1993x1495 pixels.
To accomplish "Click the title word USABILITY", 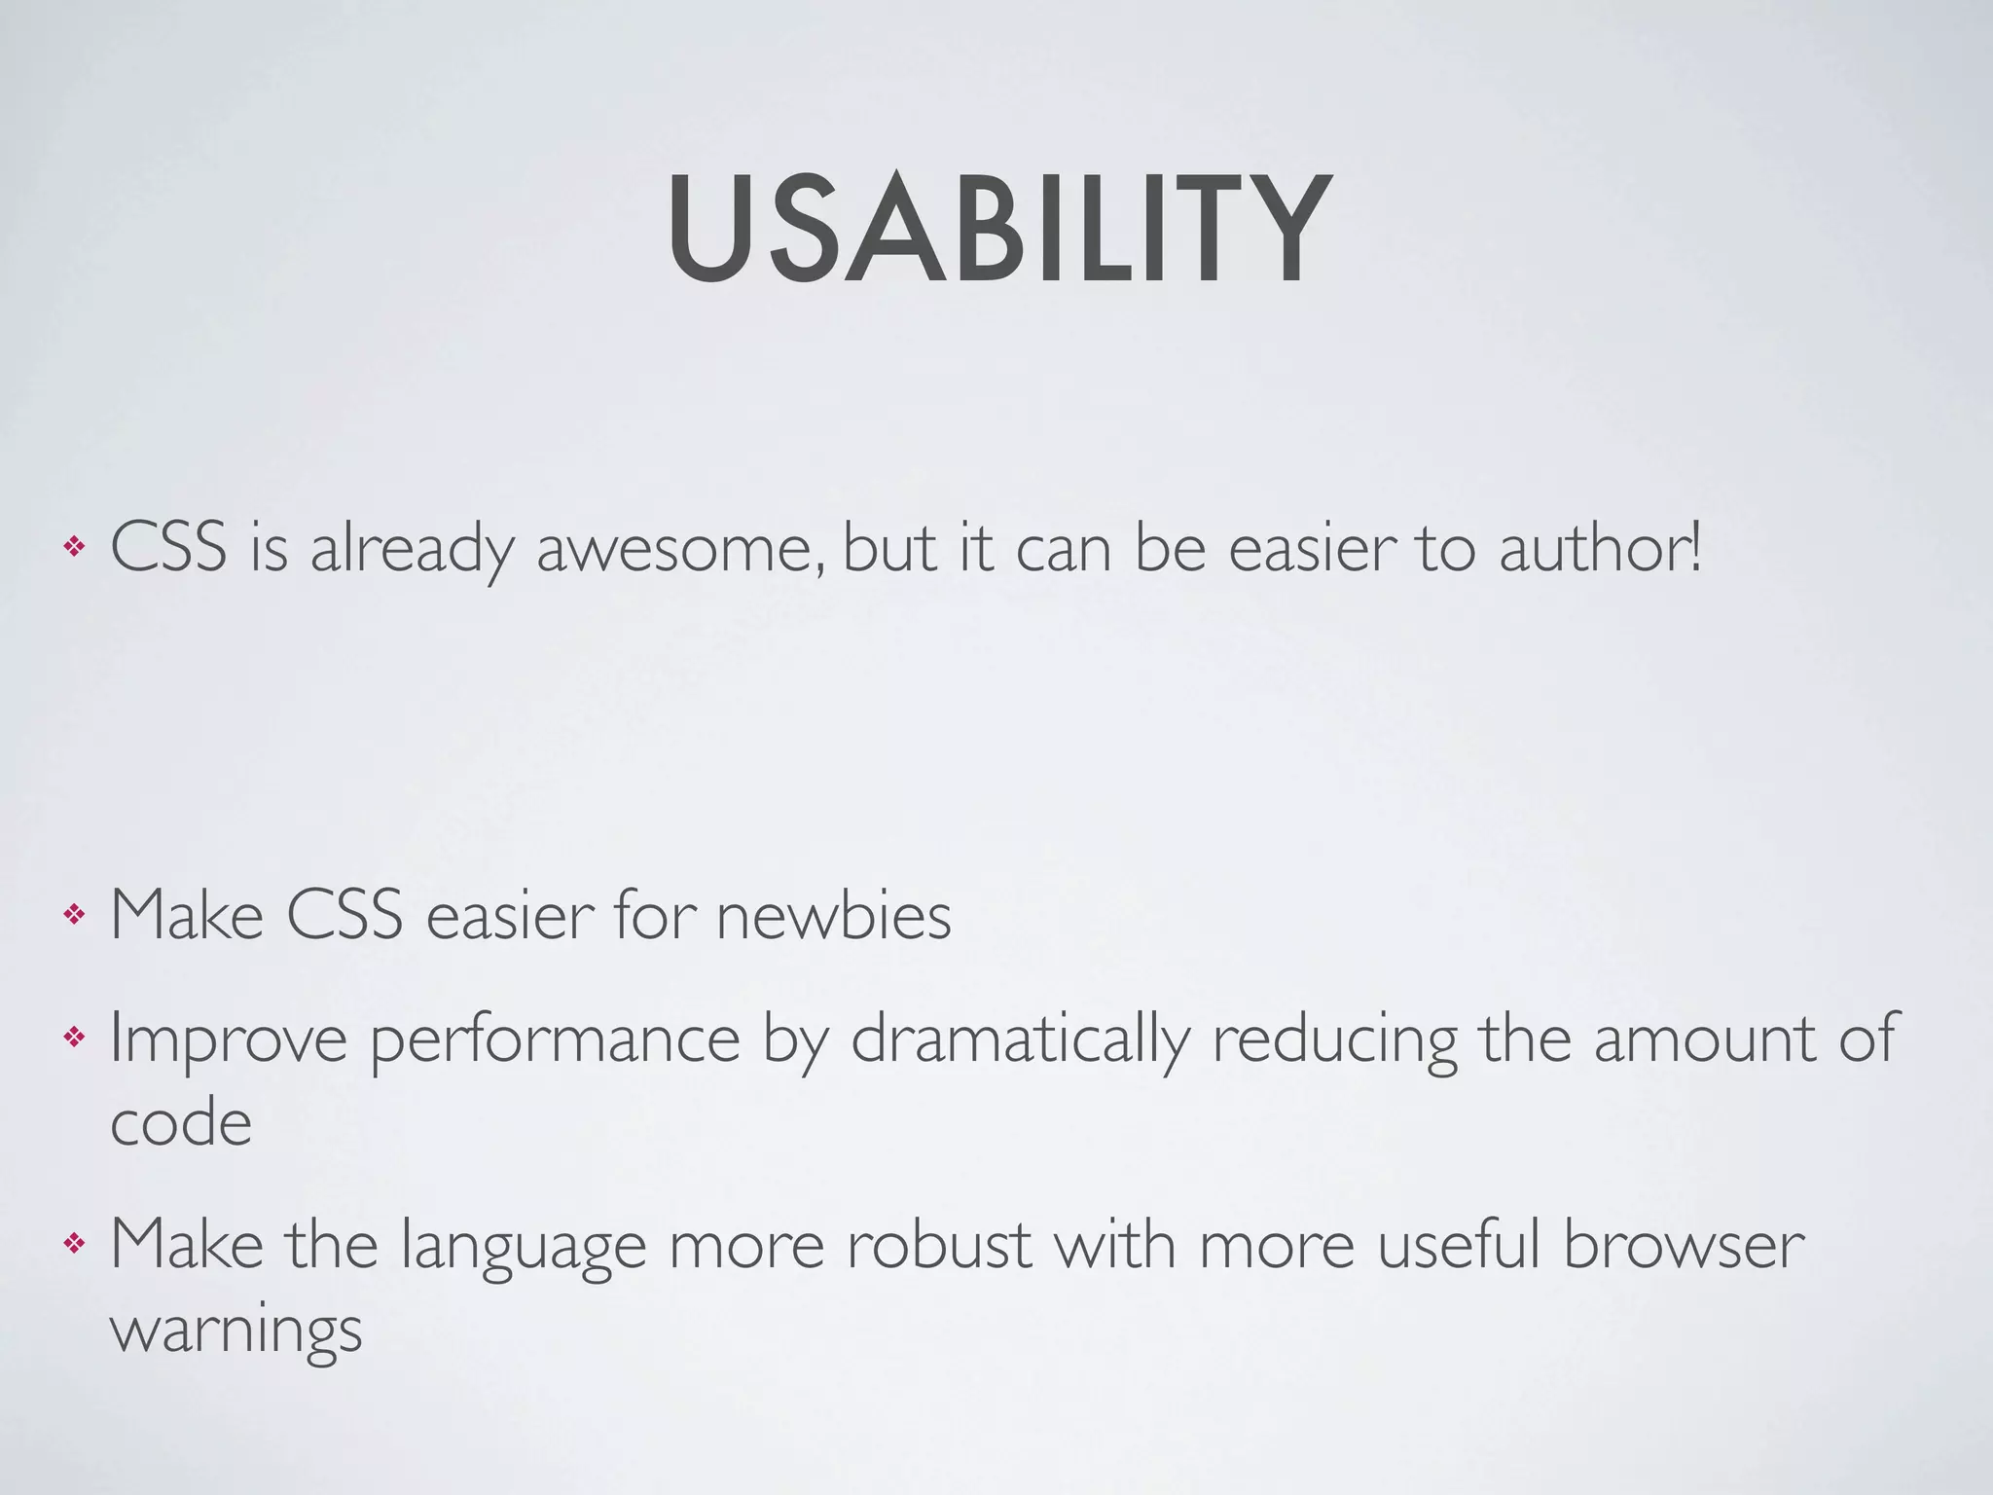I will click(998, 232).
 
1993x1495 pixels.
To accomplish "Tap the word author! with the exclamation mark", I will click(1601, 548).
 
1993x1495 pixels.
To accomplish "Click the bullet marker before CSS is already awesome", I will click(73, 548).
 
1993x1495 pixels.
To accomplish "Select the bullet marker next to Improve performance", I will click(73, 1039).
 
